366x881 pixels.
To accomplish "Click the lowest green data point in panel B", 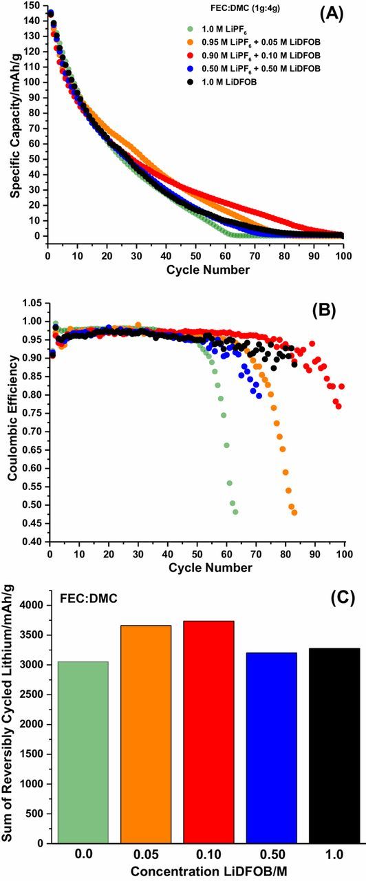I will click(x=235, y=511).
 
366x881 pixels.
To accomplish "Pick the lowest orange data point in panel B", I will click(x=294, y=512).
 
